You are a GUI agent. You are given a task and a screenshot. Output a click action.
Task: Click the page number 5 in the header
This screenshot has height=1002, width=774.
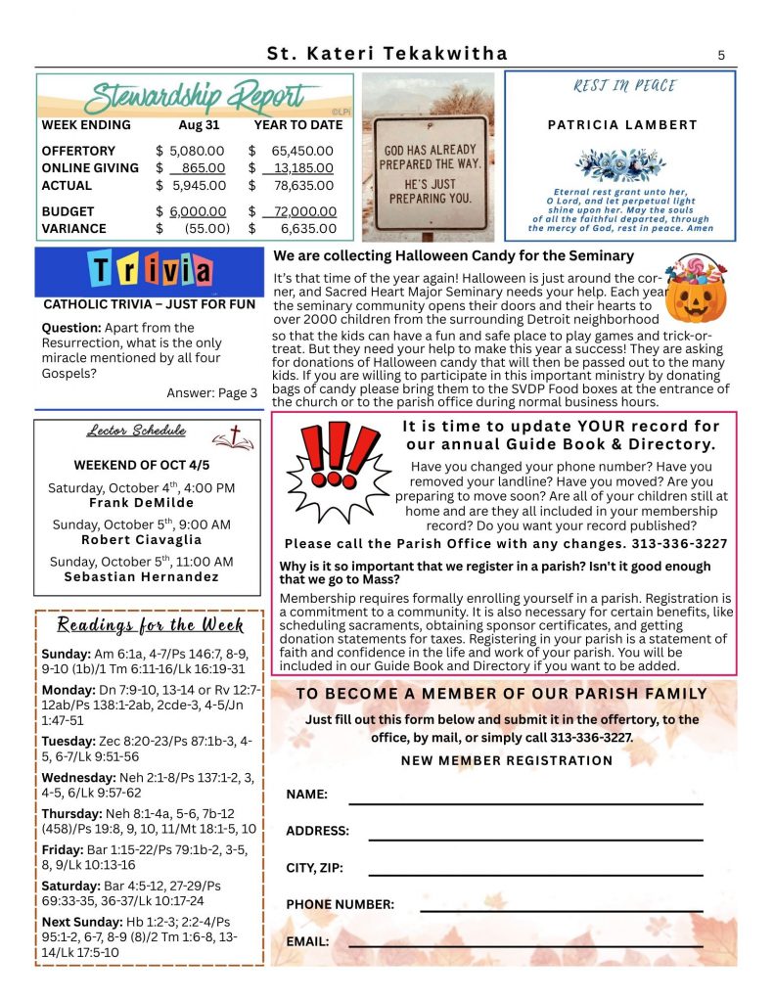coord(721,56)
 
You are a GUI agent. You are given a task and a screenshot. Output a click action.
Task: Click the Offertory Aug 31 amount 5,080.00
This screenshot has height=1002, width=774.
coord(197,151)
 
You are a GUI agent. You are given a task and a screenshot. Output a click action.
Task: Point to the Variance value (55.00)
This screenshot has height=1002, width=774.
coord(206,229)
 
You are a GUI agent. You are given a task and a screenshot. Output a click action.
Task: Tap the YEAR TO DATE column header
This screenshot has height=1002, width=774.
coord(298,125)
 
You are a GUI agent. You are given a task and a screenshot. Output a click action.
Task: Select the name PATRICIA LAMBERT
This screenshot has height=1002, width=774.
coord(622,125)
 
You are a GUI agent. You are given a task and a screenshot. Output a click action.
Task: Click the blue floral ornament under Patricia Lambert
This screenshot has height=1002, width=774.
coord(621,164)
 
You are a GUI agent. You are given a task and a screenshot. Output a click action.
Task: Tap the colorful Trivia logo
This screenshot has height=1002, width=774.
coord(150,270)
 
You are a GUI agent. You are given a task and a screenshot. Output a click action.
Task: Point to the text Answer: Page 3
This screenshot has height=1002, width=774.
coord(211,393)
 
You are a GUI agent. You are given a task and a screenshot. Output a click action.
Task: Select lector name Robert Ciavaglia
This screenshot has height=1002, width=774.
coord(142,540)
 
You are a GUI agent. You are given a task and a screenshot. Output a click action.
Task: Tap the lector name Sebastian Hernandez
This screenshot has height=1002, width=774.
coord(142,577)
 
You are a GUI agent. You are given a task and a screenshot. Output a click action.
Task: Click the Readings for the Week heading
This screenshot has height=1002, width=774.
coord(151,625)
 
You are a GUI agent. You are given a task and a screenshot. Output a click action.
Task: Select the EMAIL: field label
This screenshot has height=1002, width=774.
coord(307,942)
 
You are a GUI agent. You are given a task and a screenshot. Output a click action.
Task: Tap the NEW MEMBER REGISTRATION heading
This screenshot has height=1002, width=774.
coord(507,760)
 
